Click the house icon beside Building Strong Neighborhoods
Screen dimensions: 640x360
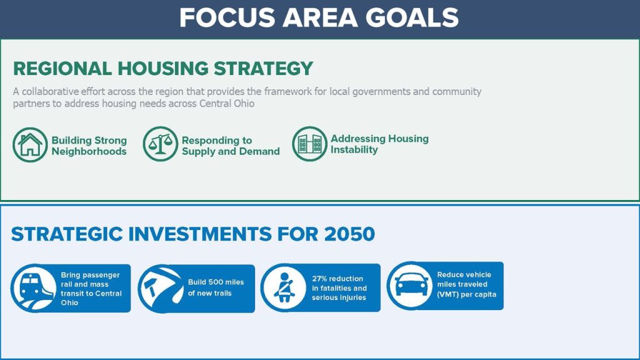pos(30,145)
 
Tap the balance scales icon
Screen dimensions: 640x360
pos(161,144)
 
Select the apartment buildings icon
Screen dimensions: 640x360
pos(310,144)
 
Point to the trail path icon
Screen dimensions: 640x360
pos(161,289)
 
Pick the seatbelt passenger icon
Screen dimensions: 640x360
pos(284,287)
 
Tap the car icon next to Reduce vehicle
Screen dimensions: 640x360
pos(410,286)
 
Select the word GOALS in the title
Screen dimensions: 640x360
pos(412,17)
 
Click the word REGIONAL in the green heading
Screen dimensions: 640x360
pos(62,69)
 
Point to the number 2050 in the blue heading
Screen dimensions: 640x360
pos(349,234)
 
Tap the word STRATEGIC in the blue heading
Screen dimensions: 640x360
pos(67,234)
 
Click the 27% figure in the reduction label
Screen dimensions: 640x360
pos(320,278)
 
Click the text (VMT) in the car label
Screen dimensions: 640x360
pos(447,294)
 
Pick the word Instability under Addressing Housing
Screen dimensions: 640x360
pos(354,150)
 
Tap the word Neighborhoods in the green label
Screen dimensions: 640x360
pos(89,151)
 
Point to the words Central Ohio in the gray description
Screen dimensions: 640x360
pos(227,103)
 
